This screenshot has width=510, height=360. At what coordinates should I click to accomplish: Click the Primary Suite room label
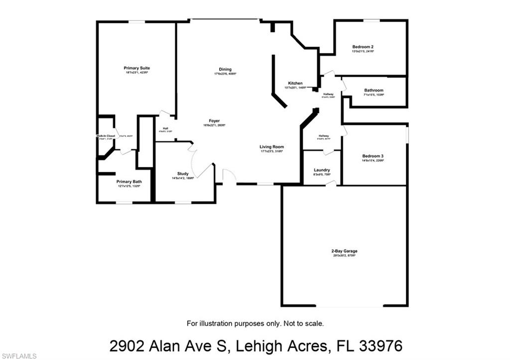[137, 68]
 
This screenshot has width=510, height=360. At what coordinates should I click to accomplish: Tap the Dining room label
[225, 70]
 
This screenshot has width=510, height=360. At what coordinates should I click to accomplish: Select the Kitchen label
[295, 83]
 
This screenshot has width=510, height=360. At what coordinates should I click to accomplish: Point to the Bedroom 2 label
[363, 47]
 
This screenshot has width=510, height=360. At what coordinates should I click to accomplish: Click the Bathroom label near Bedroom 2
[374, 90]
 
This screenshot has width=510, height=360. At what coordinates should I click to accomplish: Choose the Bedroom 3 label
[373, 156]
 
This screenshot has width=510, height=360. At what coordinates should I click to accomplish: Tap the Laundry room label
[322, 170]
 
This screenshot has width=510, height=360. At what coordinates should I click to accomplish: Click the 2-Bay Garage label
[344, 251]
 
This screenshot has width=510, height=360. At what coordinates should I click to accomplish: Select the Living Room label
[271, 147]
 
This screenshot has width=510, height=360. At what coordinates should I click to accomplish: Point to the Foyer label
[214, 121]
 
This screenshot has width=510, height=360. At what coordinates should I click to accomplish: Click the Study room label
[183, 174]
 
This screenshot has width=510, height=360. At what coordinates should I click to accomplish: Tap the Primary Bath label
[129, 182]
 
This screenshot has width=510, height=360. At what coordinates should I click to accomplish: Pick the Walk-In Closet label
[106, 136]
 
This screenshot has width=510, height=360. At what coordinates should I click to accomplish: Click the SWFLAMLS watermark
[19, 356]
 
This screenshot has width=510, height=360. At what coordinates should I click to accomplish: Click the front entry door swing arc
[229, 176]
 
